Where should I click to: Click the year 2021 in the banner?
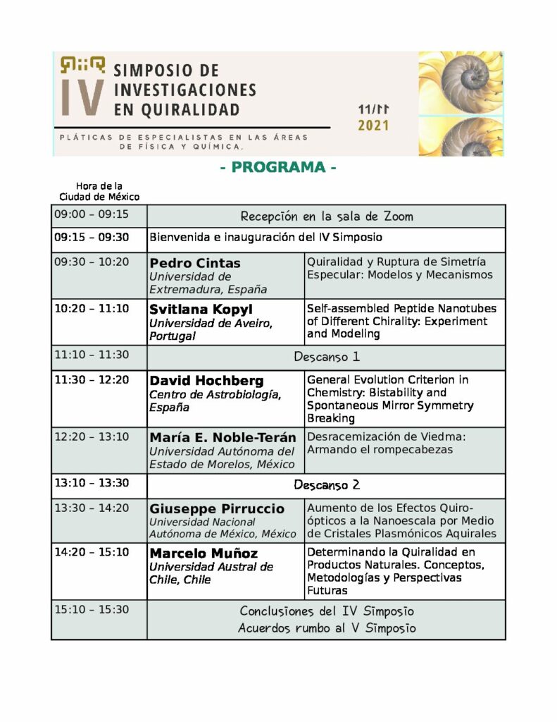click(373, 126)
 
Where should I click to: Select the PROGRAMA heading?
click(278, 168)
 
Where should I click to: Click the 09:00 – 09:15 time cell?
click(92, 214)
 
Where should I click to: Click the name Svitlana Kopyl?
click(201, 309)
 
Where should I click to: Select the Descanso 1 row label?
click(326, 357)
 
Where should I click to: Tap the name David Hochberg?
click(206, 380)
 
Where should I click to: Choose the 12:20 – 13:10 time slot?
click(92, 436)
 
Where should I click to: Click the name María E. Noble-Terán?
click(223, 437)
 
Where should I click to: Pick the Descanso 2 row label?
click(326, 485)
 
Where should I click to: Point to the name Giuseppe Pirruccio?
click(217, 508)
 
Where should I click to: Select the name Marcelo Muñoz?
click(204, 553)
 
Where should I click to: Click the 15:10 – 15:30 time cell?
click(92, 609)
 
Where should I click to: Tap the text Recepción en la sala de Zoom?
click(326, 216)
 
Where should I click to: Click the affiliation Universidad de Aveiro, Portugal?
click(211, 329)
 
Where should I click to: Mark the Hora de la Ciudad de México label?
click(99, 191)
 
